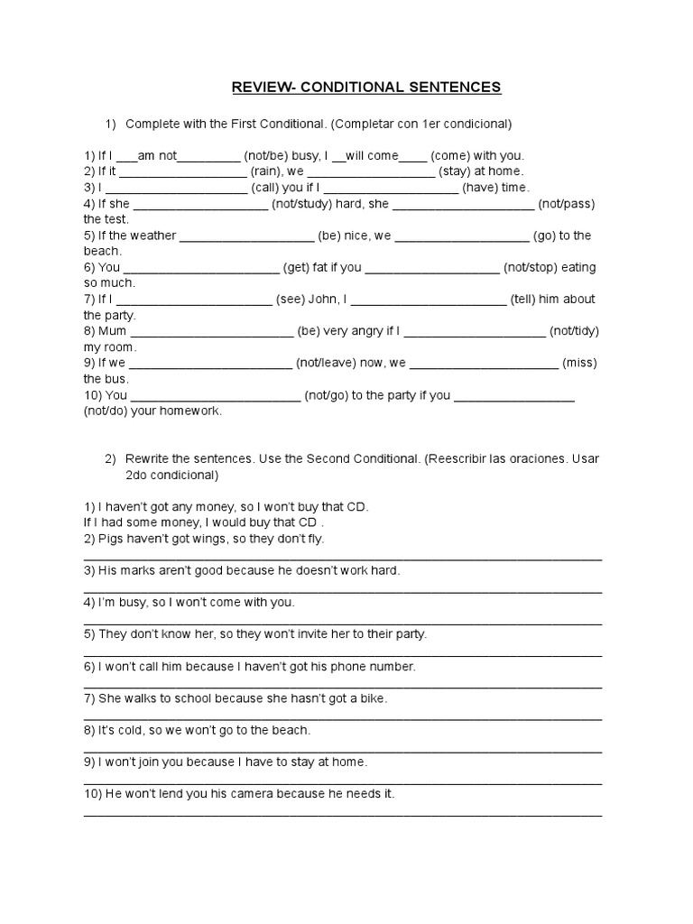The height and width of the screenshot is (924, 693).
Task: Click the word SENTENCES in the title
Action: (454, 88)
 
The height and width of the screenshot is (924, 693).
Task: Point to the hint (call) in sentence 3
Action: (267, 188)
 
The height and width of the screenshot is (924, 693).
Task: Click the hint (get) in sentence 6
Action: (297, 268)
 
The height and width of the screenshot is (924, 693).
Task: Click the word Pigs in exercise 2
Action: (110, 539)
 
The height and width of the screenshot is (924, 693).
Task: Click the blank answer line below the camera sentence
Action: (343, 814)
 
